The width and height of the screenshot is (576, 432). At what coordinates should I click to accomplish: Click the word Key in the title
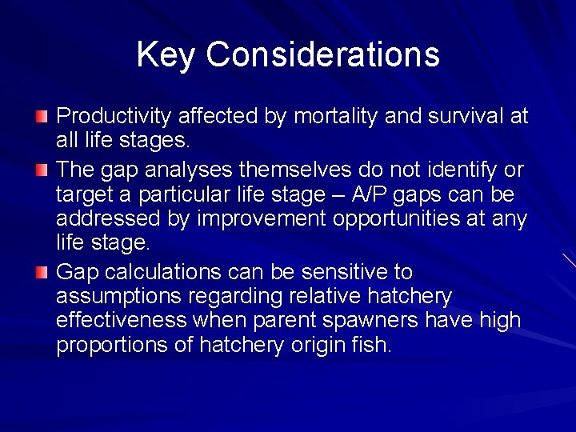[166, 55]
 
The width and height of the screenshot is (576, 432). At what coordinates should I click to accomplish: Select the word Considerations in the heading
[322, 55]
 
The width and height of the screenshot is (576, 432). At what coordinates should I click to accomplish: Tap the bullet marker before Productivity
[42, 118]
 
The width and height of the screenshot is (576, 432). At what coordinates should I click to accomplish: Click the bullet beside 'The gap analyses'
[42, 170]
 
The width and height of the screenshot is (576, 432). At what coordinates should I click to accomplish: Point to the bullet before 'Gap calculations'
[42, 274]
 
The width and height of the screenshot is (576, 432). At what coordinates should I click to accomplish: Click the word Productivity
[114, 117]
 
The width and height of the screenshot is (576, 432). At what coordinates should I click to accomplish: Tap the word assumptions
[118, 297]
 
